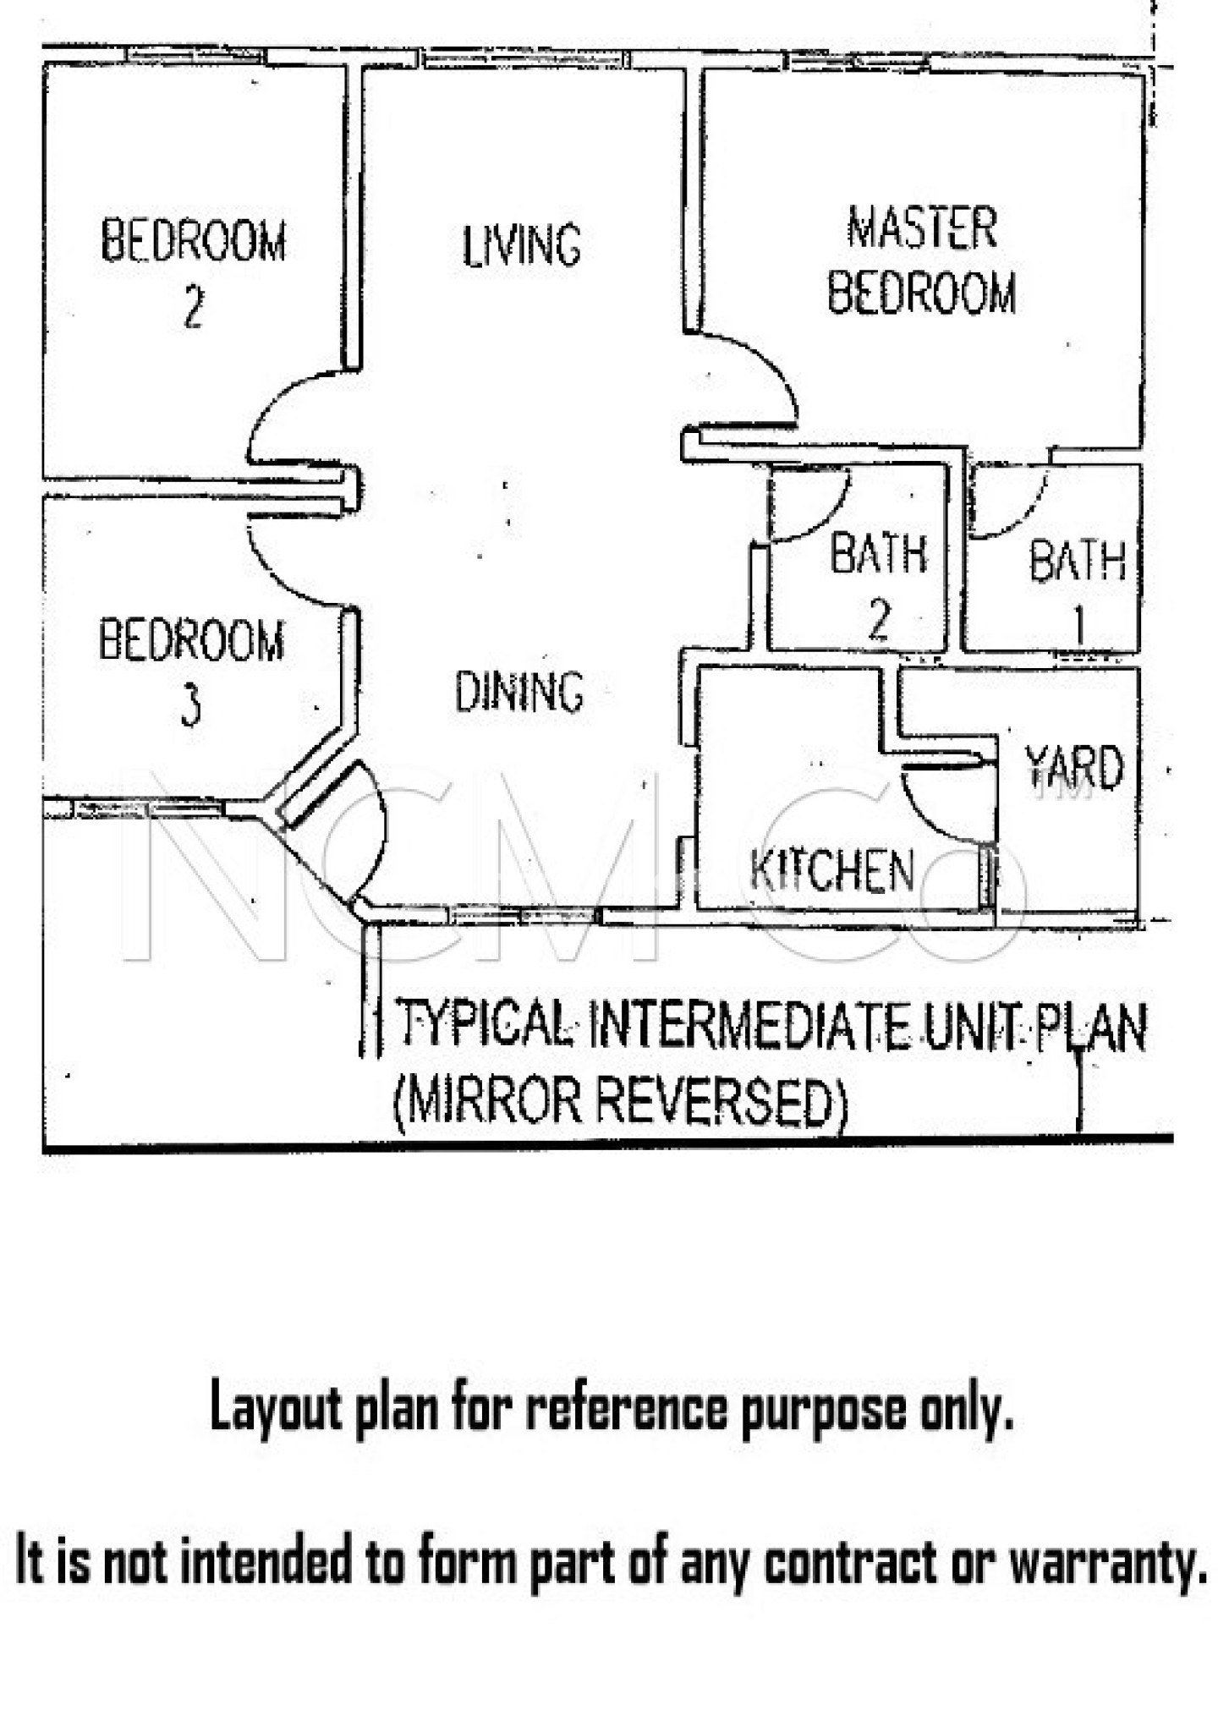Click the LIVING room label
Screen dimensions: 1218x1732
[x=522, y=245]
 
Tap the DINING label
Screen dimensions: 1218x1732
[x=519, y=691]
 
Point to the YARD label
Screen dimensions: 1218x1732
[x=1074, y=768]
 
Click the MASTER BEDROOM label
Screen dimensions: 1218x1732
[x=922, y=260]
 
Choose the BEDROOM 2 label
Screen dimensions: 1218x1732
[x=194, y=272]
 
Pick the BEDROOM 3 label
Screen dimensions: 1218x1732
[x=191, y=672]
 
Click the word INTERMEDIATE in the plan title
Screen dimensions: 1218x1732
[x=748, y=1026]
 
